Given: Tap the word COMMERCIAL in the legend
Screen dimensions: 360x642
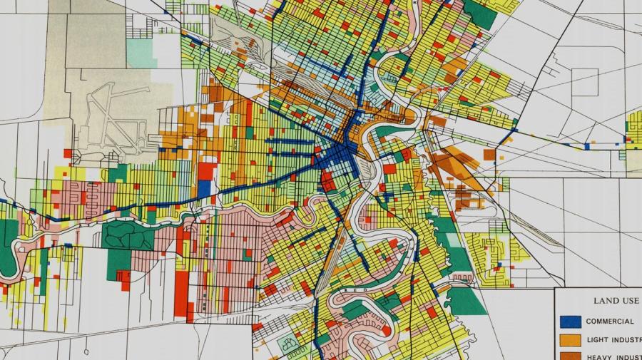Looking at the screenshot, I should [610, 322].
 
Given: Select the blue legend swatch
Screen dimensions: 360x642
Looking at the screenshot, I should [571, 322].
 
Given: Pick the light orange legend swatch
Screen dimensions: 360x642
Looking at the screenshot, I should [571, 339].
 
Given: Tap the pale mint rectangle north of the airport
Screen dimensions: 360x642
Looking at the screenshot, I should [141, 51].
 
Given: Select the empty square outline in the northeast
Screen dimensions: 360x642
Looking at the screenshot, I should [584, 83].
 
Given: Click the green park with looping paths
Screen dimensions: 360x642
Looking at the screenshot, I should [128, 235].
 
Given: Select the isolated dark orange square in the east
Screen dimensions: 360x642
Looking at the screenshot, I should [489, 154].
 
